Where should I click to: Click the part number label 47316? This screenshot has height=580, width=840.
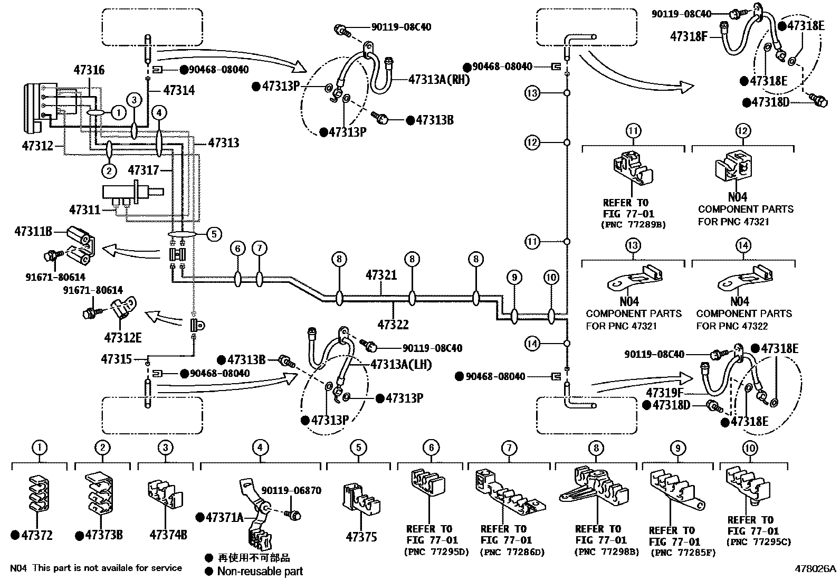coord(89,70)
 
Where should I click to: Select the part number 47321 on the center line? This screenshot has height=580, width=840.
coord(381,275)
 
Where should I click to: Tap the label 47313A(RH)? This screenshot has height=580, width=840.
coord(439,80)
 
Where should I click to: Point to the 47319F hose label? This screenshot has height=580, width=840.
coord(665,392)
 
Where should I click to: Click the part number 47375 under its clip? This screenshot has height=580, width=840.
coord(361,537)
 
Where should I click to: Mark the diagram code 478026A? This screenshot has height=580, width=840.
coord(816,569)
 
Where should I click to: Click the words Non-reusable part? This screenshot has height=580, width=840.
coord(260,571)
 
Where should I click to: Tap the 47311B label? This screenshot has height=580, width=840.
coord(33,231)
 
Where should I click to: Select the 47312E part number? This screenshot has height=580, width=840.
coord(123,337)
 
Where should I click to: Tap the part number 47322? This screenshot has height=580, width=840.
coord(393,325)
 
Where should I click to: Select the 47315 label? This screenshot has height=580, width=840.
coord(116,359)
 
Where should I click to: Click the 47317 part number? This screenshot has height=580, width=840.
coord(143,170)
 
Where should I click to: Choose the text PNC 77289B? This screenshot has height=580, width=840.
coord(633,224)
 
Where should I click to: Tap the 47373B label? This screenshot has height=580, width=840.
coord(104,535)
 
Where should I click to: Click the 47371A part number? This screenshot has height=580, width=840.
coord(223,517)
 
